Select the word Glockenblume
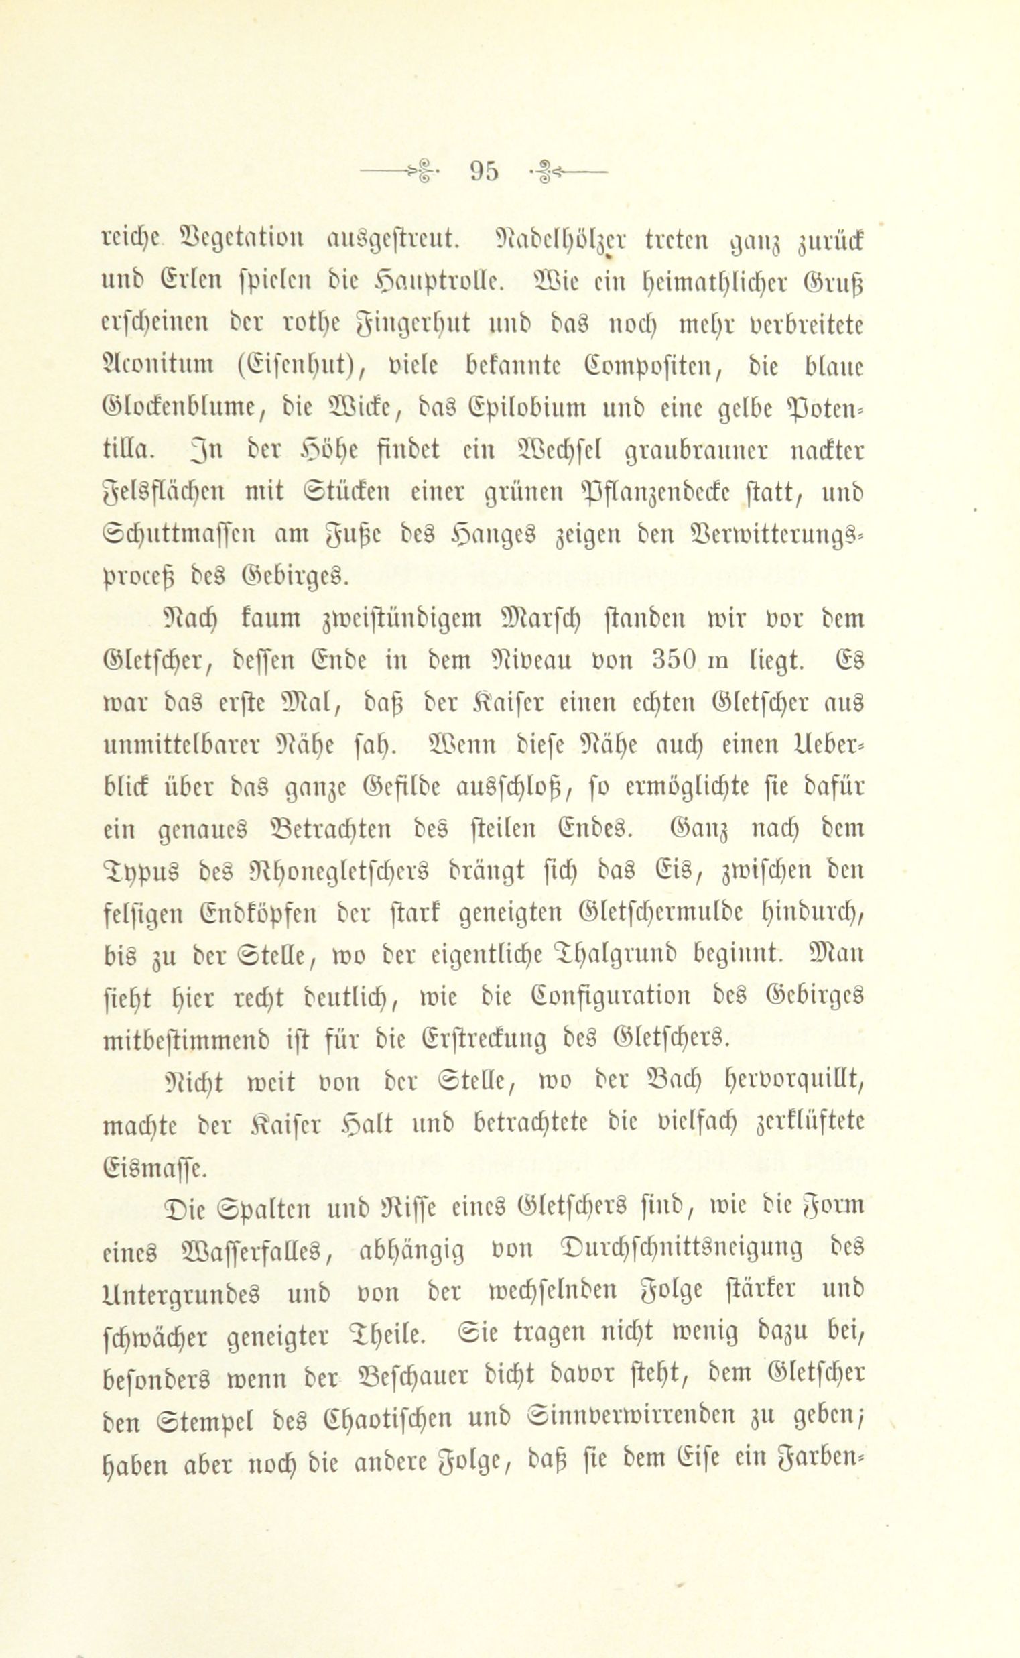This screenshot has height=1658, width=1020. tap(187, 408)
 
